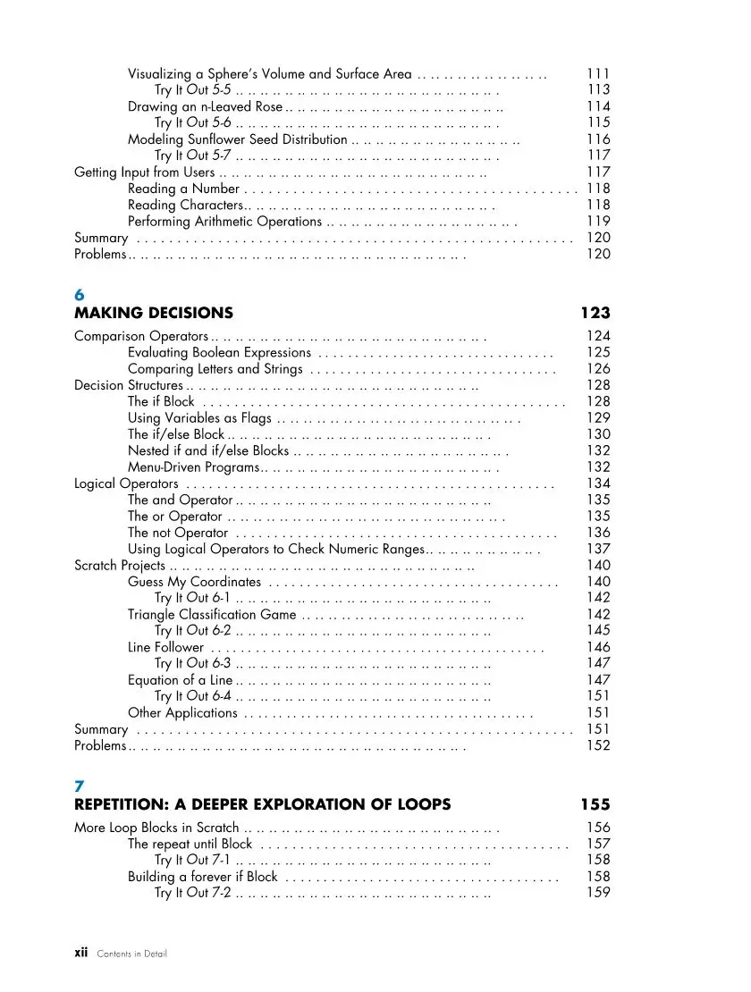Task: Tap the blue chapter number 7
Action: (x=79, y=786)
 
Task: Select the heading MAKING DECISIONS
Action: (x=153, y=313)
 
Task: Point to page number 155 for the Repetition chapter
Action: (x=595, y=804)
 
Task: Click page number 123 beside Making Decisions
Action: (x=595, y=313)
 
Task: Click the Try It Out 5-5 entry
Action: (x=193, y=90)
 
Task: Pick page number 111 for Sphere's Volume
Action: (x=597, y=74)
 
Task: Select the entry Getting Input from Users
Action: (x=144, y=172)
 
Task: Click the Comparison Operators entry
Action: (x=140, y=336)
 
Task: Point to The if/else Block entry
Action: (x=176, y=434)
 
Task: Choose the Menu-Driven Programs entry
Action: (x=193, y=467)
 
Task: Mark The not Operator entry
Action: (x=178, y=533)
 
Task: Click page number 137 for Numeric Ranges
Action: (x=597, y=549)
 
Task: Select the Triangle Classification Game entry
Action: (x=212, y=615)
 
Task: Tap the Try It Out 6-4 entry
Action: (x=193, y=696)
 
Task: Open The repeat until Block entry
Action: (x=190, y=844)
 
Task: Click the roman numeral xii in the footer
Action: (x=80, y=953)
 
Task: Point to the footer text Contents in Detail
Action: (x=131, y=954)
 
